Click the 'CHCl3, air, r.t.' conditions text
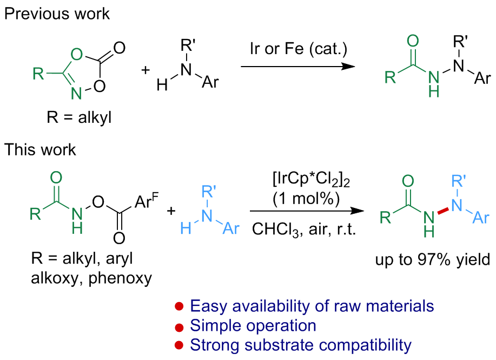(x=306, y=230)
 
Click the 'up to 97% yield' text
(x=432, y=260)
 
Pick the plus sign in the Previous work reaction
(x=146, y=71)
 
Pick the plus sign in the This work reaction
(x=171, y=211)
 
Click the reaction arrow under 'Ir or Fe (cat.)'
(x=298, y=66)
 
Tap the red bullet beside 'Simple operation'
(x=178, y=327)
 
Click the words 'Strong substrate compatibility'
(x=301, y=345)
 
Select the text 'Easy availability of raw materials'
(x=312, y=306)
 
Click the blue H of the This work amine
(x=186, y=230)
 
